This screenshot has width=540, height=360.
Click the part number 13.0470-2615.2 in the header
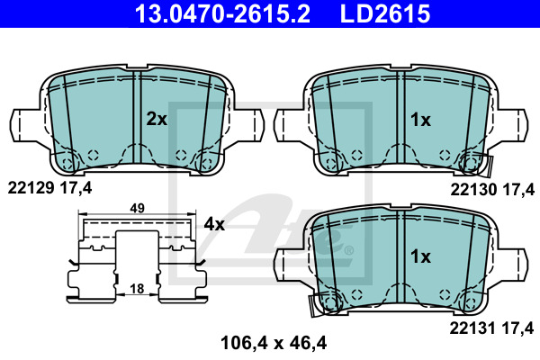pyautogui.click(x=222, y=13)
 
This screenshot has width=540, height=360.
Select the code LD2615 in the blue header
pyautogui.click(x=385, y=13)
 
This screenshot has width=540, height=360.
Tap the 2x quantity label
pyautogui.click(x=157, y=119)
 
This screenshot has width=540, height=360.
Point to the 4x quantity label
pyautogui.click(x=214, y=224)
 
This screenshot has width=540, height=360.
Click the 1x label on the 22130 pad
pyautogui.click(x=420, y=120)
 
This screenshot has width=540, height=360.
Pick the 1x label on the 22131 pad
pyautogui.click(x=420, y=256)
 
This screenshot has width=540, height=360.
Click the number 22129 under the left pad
pyautogui.click(x=31, y=188)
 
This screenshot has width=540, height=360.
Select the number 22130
pyautogui.click(x=473, y=190)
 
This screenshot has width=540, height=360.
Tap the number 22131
pyautogui.click(x=472, y=328)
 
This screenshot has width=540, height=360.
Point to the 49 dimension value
pyautogui.click(x=137, y=208)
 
